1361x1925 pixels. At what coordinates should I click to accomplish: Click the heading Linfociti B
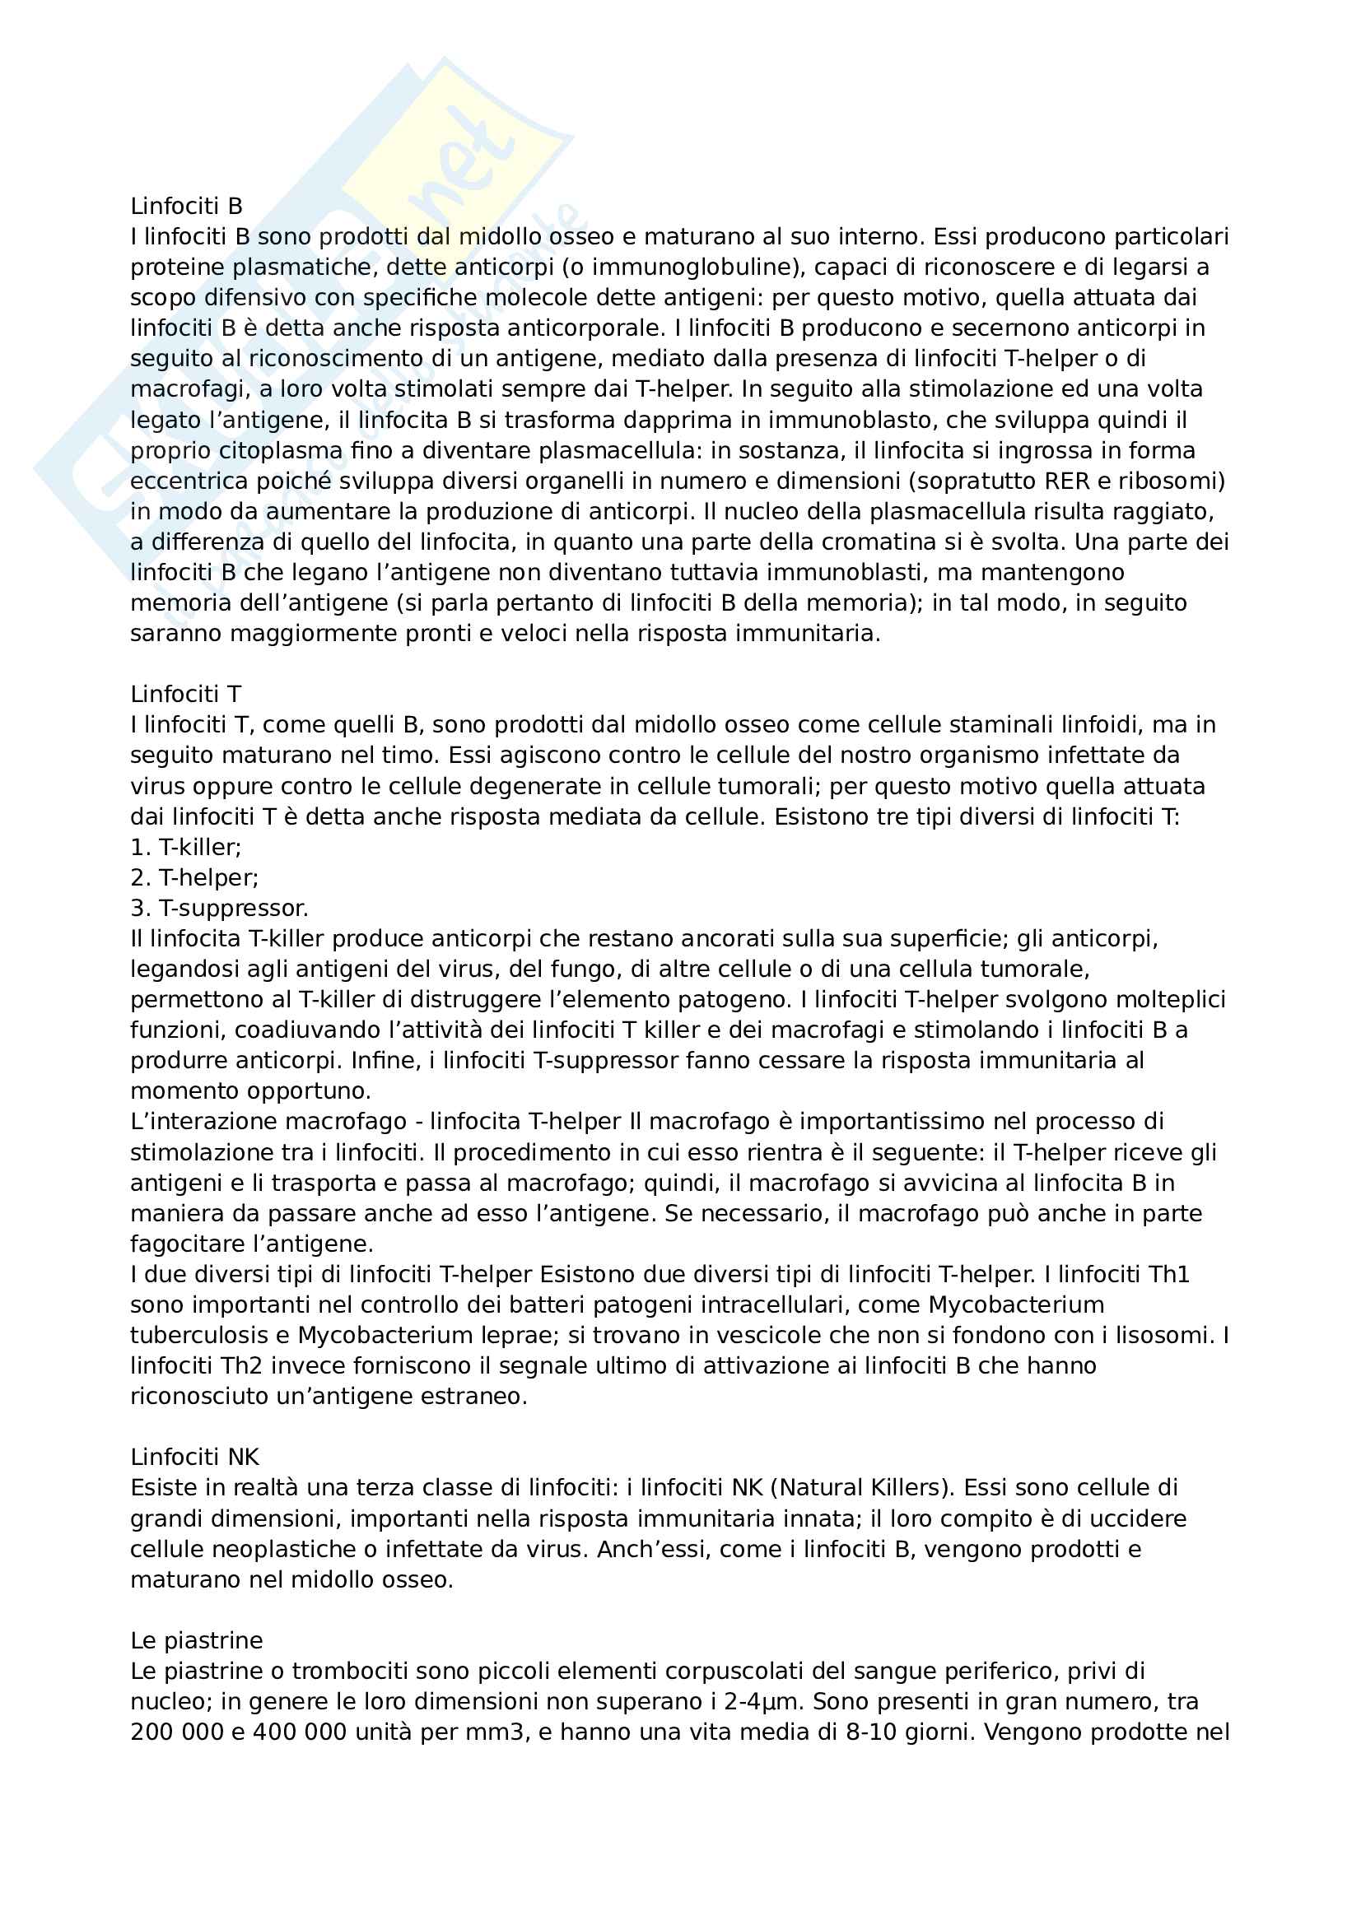[x=186, y=207]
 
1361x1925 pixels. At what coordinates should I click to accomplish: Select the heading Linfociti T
[x=185, y=695]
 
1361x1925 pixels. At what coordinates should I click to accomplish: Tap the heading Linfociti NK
[x=194, y=1458]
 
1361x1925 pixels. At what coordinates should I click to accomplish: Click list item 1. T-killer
[x=185, y=847]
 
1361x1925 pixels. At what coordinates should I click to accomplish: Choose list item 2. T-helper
[x=194, y=878]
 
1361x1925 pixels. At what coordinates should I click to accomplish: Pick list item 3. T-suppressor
[x=220, y=908]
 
